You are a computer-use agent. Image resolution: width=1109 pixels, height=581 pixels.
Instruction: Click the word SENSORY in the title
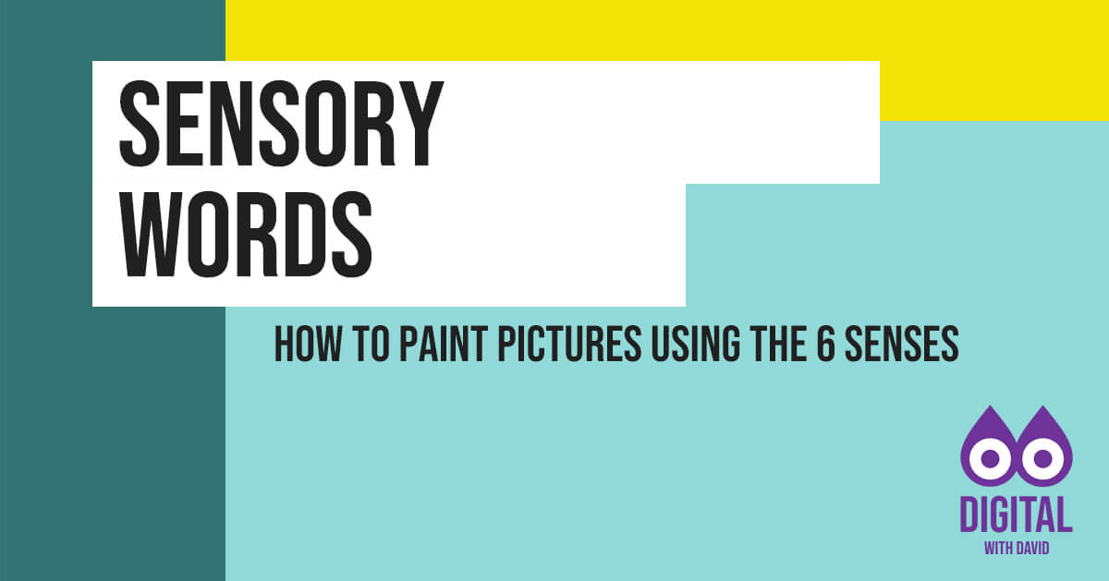pos(281,124)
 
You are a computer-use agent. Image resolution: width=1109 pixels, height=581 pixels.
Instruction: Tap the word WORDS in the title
pos(246,235)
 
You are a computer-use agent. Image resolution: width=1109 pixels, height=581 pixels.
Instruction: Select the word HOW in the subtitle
pos(308,344)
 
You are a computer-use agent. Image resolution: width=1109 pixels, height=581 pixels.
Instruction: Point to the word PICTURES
pos(569,344)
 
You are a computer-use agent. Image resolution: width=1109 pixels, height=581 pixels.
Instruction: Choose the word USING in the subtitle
pos(696,344)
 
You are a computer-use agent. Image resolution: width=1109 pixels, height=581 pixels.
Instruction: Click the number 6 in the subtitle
pos(826,344)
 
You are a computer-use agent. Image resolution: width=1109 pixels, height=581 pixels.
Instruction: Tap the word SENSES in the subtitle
pos(902,344)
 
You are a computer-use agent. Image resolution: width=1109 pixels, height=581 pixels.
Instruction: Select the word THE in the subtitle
pos(778,344)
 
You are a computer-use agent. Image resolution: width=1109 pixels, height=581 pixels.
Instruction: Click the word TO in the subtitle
pos(371,344)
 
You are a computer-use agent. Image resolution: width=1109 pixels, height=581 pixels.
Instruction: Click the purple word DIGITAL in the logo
pos(1017,514)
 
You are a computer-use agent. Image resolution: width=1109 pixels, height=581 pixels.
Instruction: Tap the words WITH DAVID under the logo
pos(1017,549)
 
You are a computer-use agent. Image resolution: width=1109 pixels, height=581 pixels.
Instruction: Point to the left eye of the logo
pos(990,459)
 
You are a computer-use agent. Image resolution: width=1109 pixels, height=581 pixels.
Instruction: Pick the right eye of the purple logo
pos(1043,459)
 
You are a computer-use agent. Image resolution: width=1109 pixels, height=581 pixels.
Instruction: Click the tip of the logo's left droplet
pos(990,405)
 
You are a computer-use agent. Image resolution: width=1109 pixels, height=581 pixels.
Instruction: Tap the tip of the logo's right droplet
pos(1043,405)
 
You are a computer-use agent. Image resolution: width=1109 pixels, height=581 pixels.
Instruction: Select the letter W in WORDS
pos(149,235)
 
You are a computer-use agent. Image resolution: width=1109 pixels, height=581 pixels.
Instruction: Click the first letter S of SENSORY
pos(140,124)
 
